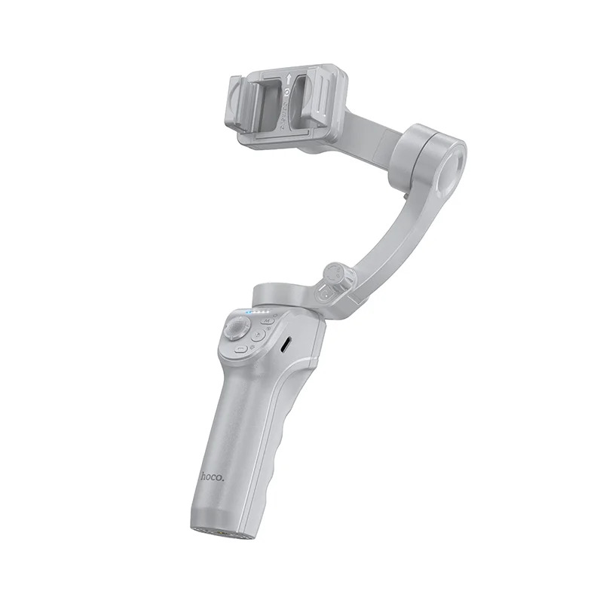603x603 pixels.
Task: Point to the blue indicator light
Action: click(x=248, y=310)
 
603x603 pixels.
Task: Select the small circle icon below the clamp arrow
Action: click(x=286, y=95)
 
